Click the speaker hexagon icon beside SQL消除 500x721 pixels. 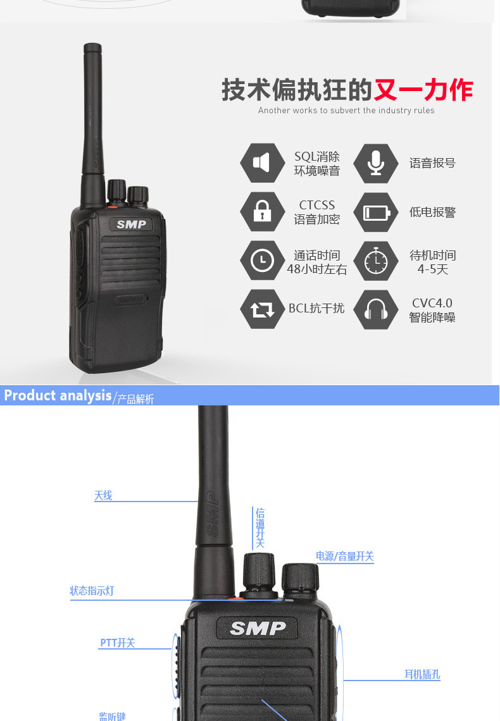pyautogui.click(x=262, y=163)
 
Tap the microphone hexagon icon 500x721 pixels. pyautogui.click(x=376, y=163)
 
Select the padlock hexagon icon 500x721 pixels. pyautogui.click(x=262, y=211)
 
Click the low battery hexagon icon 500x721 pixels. pyautogui.click(x=376, y=212)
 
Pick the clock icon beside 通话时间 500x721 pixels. pyautogui.click(x=262, y=261)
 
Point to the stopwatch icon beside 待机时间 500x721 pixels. pyautogui.click(x=376, y=261)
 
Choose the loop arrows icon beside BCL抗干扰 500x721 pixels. pyautogui.click(x=262, y=309)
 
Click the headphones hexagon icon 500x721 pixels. pyautogui.click(x=376, y=309)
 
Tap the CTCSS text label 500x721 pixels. pyautogui.click(x=317, y=205)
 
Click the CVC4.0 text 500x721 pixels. pyautogui.click(x=432, y=303)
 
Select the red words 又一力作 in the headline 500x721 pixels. pyautogui.click(x=423, y=90)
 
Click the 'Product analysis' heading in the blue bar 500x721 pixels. pyautogui.click(x=58, y=395)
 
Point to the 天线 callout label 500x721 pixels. pyautogui.click(x=103, y=495)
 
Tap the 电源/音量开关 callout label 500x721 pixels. pyautogui.click(x=344, y=556)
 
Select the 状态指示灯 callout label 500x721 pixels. pyautogui.click(x=92, y=591)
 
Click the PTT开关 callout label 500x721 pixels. pyautogui.click(x=118, y=643)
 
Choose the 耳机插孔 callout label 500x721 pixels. pyautogui.click(x=422, y=674)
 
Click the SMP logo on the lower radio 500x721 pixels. pyautogui.click(x=258, y=627)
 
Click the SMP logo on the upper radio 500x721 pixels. pyautogui.click(x=132, y=224)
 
